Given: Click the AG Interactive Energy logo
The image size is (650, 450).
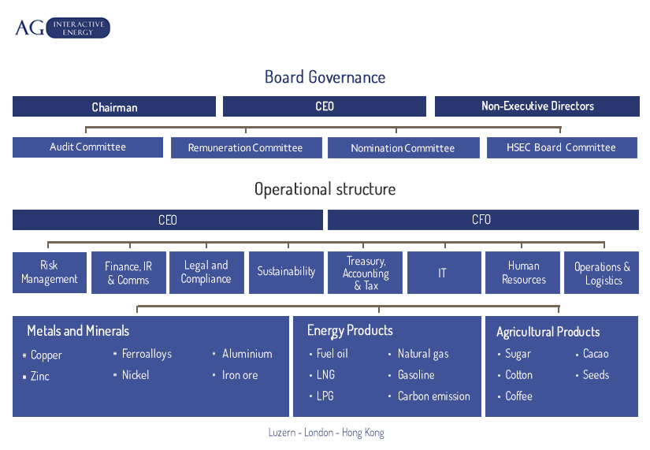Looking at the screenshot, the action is (62, 28).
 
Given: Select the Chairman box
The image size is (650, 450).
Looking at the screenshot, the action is (114, 106).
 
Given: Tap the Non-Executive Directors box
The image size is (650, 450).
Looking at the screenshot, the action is (537, 106).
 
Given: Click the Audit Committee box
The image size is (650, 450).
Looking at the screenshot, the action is (87, 147).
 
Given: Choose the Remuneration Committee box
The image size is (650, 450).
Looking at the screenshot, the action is (247, 147).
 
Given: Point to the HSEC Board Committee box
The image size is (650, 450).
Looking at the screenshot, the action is (562, 147).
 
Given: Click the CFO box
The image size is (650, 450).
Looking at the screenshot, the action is (483, 220).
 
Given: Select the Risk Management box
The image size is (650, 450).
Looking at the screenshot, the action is (50, 273).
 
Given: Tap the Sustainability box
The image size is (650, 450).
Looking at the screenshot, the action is (286, 273).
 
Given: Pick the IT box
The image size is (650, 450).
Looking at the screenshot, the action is (444, 273).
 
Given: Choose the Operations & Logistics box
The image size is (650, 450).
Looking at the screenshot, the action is (601, 273).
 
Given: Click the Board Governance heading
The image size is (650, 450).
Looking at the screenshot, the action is (325, 77).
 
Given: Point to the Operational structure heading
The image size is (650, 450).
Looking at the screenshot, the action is (325, 189).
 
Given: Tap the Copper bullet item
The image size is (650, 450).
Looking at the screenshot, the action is (43, 355).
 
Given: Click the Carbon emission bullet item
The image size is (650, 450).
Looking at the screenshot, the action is (429, 396).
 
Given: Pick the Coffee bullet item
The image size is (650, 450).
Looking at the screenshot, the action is (514, 396).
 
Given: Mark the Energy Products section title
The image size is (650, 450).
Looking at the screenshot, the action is (350, 330).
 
